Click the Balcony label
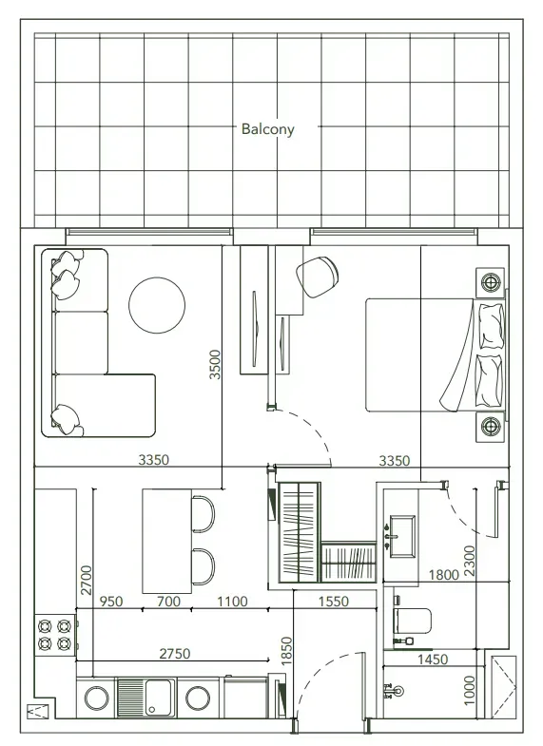point(267,129)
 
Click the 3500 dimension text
point(215,364)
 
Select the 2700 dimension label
point(87,580)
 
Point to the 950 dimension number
point(111,602)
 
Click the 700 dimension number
point(168,602)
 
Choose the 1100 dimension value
point(232,602)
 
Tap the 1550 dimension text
point(334,602)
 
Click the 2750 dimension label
point(175,654)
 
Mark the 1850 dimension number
point(286,651)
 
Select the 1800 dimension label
point(443,575)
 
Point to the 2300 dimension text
point(469,562)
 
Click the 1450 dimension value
point(433,659)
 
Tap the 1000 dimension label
point(469,691)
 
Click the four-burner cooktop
point(55,635)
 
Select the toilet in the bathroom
point(412,621)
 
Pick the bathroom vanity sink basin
point(402,535)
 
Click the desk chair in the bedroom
point(318,277)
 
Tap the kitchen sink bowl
point(158,698)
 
